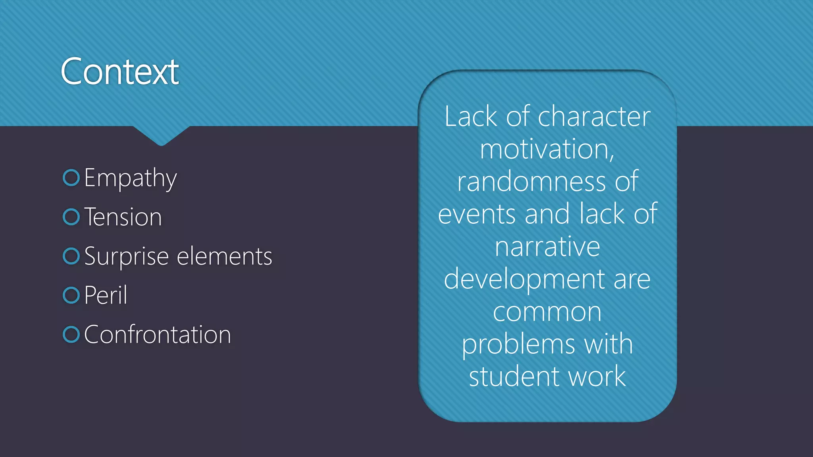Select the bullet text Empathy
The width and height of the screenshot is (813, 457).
pyautogui.click(x=130, y=178)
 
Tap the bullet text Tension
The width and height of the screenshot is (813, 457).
pyautogui.click(x=123, y=217)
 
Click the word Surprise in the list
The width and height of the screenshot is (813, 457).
pyautogui.click(x=127, y=257)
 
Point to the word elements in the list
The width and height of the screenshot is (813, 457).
pyautogui.click(x=224, y=256)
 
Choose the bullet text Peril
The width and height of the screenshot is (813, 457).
pyautogui.click(x=106, y=295)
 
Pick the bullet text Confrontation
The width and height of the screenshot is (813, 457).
pyautogui.click(x=157, y=334)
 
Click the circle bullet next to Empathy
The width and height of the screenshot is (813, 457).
pyautogui.click(x=71, y=178)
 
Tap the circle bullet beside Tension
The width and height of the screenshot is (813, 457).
pyautogui.click(x=71, y=217)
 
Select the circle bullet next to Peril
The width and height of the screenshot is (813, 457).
pyautogui.click(x=71, y=295)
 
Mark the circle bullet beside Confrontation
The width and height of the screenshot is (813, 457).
pyautogui.click(x=71, y=334)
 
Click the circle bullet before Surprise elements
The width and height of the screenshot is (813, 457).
pyautogui.click(x=71, y=256)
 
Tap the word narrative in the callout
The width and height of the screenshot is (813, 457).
pyautogui.click(x=547, y=247)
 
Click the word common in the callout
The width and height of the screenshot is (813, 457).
pyautogui.click(x=547, y=312)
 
